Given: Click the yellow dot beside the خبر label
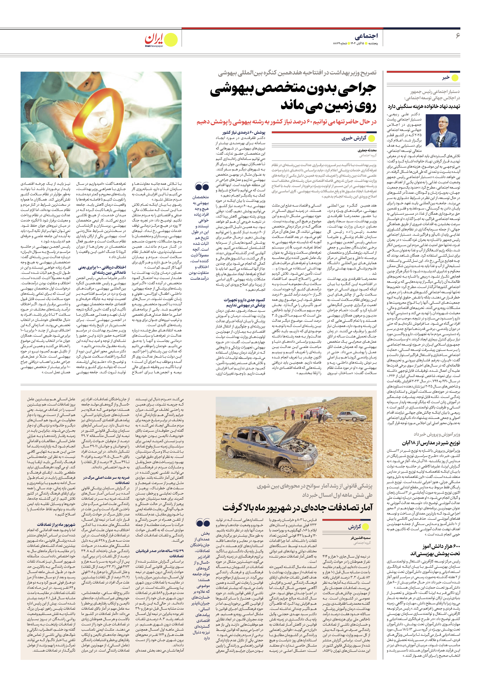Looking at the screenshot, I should pyautogui.click(x=455, y=78).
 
